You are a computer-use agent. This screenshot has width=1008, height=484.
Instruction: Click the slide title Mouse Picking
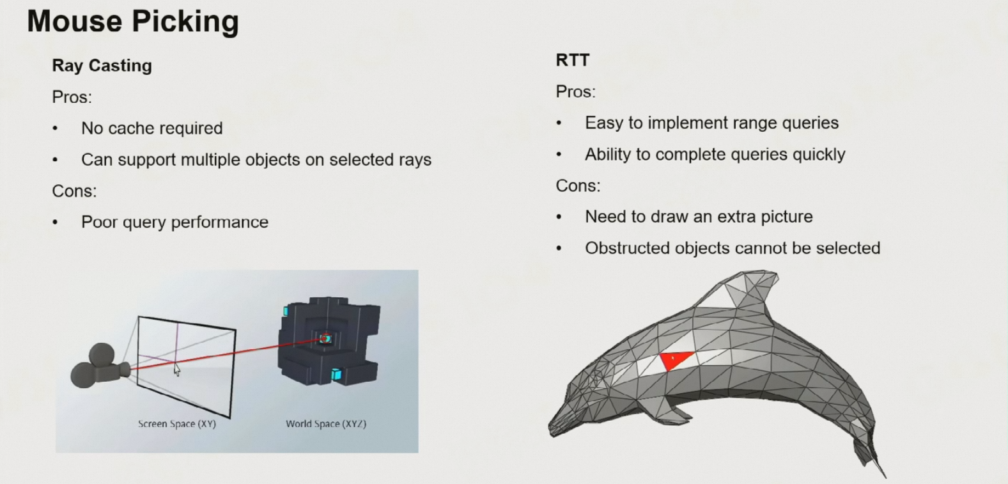click(133, 22)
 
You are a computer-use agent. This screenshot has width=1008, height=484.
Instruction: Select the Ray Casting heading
click(102, 66)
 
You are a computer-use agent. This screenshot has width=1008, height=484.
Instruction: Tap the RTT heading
click(572, 61)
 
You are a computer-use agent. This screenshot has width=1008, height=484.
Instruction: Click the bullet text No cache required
click(151, 129)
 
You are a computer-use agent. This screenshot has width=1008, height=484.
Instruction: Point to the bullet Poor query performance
click(174, 222)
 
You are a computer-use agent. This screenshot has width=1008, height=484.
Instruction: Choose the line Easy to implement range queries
click(711, 123)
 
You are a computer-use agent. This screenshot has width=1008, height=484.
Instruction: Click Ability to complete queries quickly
click(715, 155)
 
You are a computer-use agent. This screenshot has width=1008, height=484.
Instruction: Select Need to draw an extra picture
click(699, 217)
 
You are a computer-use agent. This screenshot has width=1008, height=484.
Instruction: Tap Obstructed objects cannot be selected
click(733, 248)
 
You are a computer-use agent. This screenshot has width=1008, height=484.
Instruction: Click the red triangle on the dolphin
click(675, 359)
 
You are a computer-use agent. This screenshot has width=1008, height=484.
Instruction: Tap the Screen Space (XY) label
click(177, 424)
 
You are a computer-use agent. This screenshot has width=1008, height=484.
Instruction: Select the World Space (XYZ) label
click(326, 424)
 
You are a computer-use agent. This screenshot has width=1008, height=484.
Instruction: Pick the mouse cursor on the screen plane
click(177, 370)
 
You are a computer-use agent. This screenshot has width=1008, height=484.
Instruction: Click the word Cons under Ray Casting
click(74, 191)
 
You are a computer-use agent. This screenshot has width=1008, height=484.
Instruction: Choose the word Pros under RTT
click(575, 92)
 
